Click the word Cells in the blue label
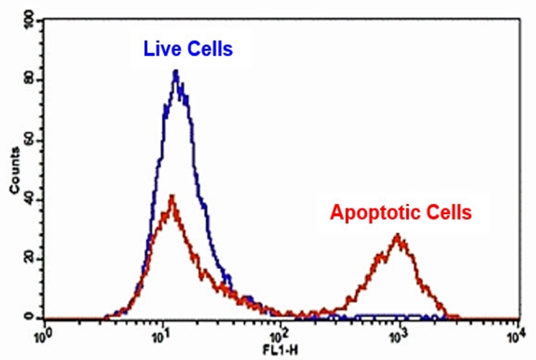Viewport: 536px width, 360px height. (x=208, y=49)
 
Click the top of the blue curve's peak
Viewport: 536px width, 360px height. (x=176, y=71)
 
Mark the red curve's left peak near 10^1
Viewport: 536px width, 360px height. (x=172, y=196)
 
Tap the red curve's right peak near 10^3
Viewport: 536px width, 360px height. (x=397, y=236)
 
